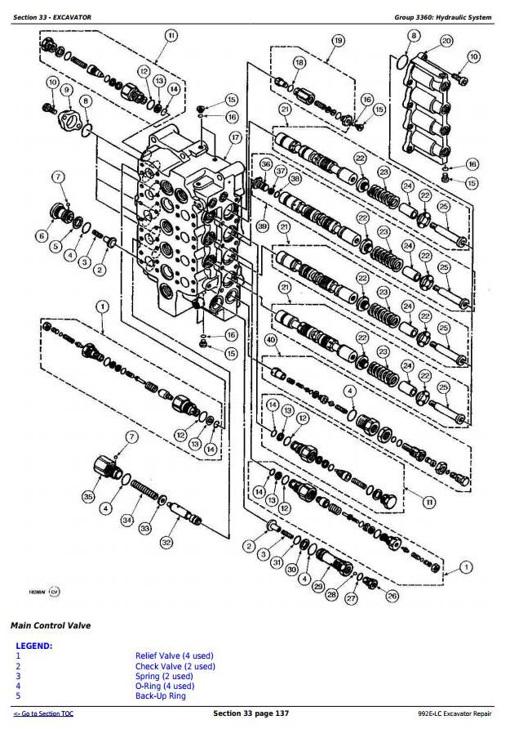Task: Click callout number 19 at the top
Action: click(x=337, y=41)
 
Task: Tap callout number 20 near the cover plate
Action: click(x=446, y=41)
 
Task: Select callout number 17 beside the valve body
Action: click(x=236, y=138)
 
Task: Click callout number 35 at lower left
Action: click(x=88, y=496)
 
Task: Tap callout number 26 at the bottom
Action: click(x=392, y=596)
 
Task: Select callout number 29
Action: click(x=318, y=586)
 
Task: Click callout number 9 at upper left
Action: click(x=67, y=90)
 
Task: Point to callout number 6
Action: click(x=42, y=236)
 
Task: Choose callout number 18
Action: click(x=299, y=62)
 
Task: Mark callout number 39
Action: click(x=263, y=226)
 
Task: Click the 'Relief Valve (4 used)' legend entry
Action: click(x=174, y=655)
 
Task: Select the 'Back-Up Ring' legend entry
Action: click(x=160, y=695)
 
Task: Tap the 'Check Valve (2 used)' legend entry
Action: click(x=175, y=666)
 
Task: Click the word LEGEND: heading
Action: click(x=33, y=646)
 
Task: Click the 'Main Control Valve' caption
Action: click(x=51, y=626)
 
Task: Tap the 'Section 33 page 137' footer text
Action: click(x=251, y=714)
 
